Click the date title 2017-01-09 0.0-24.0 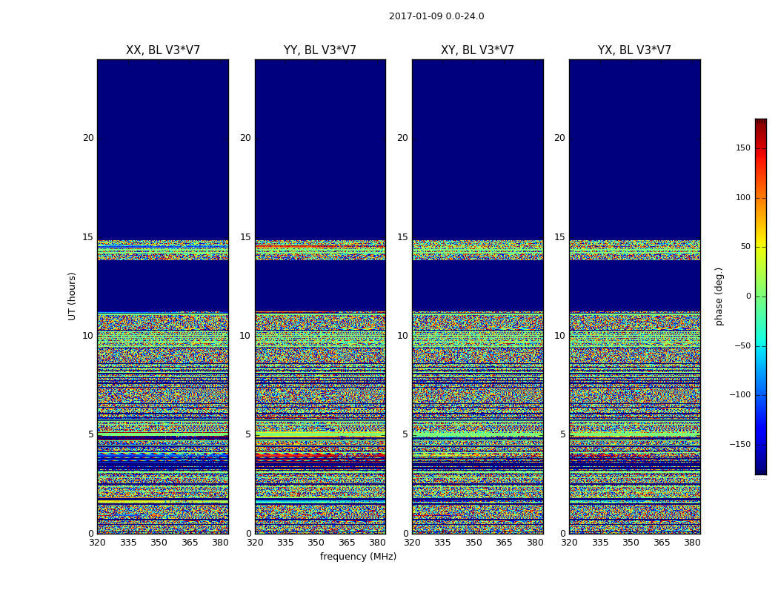point(436,16)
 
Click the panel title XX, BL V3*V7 point(163,50)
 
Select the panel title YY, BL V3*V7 point(320,50)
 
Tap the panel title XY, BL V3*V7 point(477,50)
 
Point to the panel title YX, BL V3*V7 point(634,50)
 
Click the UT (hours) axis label point(72,296)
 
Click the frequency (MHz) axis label point(358,557)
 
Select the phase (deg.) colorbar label point(719,296)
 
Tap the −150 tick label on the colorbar point(739,445)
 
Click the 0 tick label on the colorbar point(748,296)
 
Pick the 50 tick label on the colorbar point(744,247)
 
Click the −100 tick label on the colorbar point(739,395)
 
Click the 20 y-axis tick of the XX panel point(88,138)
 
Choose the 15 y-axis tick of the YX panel point(560,237)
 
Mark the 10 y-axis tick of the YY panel point(245,336)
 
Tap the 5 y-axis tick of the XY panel point(405,434)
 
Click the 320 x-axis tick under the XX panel point(97,543)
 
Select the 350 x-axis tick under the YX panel point(631,543)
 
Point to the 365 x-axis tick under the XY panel point(504,543)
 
